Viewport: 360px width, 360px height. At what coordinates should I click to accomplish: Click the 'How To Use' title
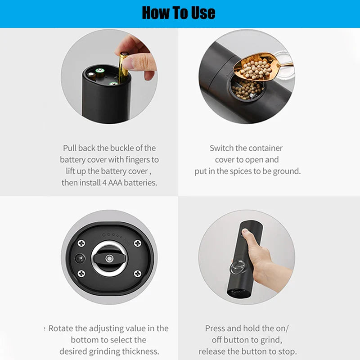pos(179,13)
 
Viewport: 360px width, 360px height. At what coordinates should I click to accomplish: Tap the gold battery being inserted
pos(123,67)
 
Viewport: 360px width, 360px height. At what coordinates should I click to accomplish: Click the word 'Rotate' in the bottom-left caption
pos(61,328)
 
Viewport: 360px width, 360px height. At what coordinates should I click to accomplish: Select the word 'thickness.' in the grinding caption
pos(139,351)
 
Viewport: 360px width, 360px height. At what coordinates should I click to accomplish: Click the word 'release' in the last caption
pos(213,351)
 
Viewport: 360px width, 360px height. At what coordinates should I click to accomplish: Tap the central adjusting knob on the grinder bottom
pos(109,259)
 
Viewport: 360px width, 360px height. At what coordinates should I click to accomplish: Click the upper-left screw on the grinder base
pos(82,243)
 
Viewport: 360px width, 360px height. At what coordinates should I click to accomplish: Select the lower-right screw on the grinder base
pos(137,274)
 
